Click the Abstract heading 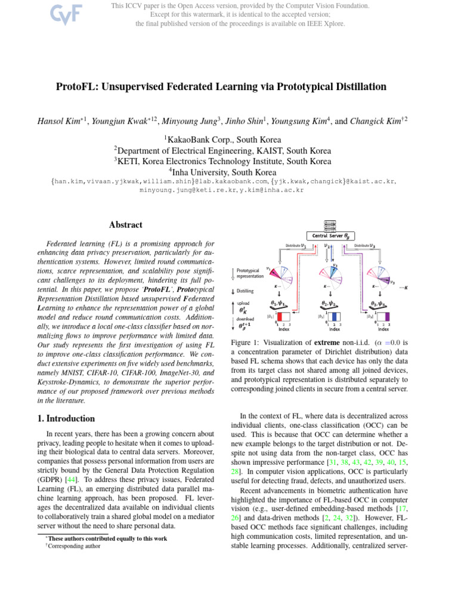point(125,225)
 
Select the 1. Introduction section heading point(62,419)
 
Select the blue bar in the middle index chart point(335,317)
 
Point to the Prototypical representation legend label point(250,273)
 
